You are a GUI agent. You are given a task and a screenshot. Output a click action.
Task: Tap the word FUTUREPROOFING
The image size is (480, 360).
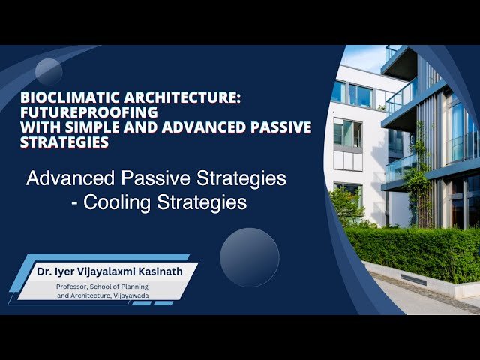(x=68, y=112)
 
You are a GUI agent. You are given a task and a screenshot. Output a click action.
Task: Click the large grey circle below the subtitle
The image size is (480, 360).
(x=250, y=256)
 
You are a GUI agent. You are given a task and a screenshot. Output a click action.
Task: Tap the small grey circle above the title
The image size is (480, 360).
(x=49, y=72)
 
